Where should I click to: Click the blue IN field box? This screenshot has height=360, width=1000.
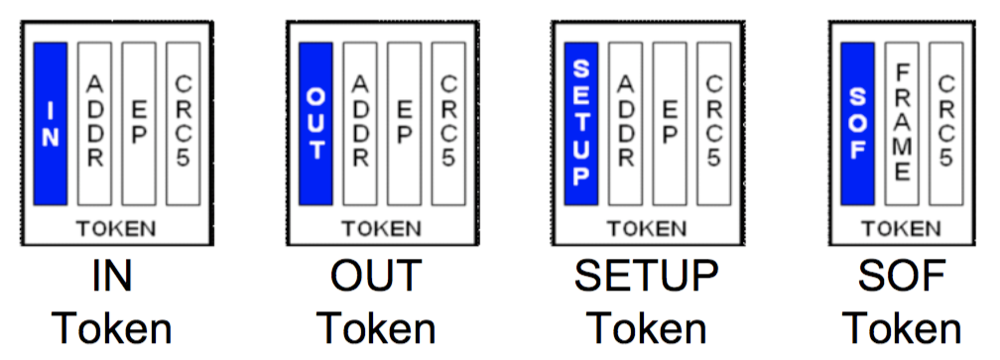coord(51,123)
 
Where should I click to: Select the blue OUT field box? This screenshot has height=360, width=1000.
coord(315,123)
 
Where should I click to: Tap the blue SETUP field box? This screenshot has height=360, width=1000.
coord(581,123)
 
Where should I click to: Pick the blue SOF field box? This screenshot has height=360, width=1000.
coord(857,123)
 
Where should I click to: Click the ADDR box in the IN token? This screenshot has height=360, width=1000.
coord(95,123)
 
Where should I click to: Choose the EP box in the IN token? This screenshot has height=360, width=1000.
coord(139,123)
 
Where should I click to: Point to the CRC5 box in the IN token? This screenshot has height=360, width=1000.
coord(183,123)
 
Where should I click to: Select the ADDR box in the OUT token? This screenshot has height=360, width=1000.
coord(360,123)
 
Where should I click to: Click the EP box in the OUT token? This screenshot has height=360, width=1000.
coord(404,123)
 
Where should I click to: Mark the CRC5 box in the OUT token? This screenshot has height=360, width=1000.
coord(448,123)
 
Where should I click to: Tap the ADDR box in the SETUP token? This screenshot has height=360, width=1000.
coord(626,123)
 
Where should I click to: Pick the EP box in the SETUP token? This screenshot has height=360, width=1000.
coord(670,123)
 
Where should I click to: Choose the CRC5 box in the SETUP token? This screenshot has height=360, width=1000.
coord(713,123)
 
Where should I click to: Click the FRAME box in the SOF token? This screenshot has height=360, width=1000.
coord(902,123)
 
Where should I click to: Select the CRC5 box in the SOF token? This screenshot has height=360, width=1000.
coord(945,123)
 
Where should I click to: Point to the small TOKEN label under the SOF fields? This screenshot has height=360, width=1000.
coord(901,228)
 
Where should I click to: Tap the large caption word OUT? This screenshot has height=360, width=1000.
coord(377,279)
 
